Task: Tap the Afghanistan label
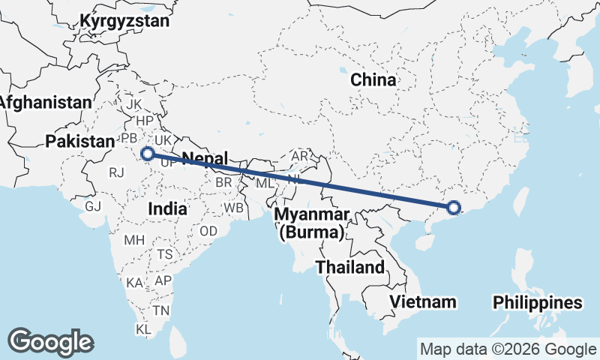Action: pos(46,102)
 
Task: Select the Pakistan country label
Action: pos(79,140)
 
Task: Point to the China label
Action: pos(373,79)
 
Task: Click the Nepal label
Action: pos(205,158)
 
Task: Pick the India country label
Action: pos(167,209)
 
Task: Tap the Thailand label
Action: pos(349,267)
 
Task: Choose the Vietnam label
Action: pos(423,301)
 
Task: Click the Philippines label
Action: pos(537,303)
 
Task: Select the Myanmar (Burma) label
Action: pos(311,223)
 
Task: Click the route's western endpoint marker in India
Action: pos(148,154)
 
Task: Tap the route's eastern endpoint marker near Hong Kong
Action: pos(453,208)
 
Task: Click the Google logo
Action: pos(51,341)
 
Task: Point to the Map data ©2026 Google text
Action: pos(507,349)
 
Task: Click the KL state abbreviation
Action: pos(143,329)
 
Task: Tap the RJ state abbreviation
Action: pos(116,172)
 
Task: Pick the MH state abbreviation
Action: pos(134,241)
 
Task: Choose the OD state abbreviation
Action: pos(208,230)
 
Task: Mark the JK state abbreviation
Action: pos(135,103)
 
